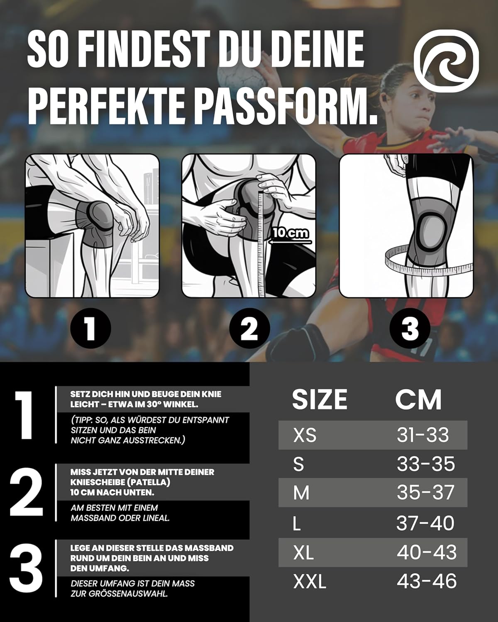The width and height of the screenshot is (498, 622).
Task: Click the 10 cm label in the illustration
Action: [x=290, y=233]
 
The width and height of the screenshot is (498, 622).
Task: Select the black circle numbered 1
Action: [x=90, y=328]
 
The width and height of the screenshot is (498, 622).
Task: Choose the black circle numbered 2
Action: [x=249, y=328]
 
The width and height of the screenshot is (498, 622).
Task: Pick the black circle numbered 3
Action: [x=410, y=328]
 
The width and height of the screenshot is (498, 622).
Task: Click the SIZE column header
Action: [x=320, y=399]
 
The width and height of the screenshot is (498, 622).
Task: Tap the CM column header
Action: [x=418, y=399]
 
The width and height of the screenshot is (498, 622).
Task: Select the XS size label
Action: [x=305, y=435]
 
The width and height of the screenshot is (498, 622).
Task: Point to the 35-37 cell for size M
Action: [x=425, y=493]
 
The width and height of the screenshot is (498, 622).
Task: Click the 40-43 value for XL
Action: [x=427, y=552]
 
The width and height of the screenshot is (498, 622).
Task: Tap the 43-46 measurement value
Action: [x=427, y=581]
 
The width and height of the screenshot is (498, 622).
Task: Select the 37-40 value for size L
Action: [x=425, y=523]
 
